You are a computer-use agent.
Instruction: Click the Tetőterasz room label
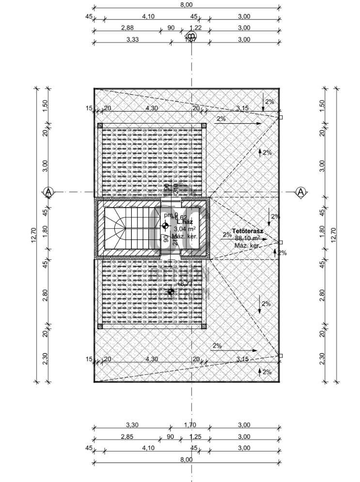point(247,231)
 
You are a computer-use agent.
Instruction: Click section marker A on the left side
point(47,192)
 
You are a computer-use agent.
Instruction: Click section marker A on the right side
point(300,192)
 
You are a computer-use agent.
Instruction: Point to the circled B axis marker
point(191,36)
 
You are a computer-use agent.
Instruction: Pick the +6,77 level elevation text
point(186,284)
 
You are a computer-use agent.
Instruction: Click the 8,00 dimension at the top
point(186,4)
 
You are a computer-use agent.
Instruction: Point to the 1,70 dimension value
point(190,425)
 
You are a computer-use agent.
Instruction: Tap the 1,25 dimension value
point(193,436)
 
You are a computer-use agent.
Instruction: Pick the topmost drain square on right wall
point(281,117)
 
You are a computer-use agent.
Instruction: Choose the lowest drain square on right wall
point(281,355)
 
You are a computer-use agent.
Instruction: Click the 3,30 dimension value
point(132,425)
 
